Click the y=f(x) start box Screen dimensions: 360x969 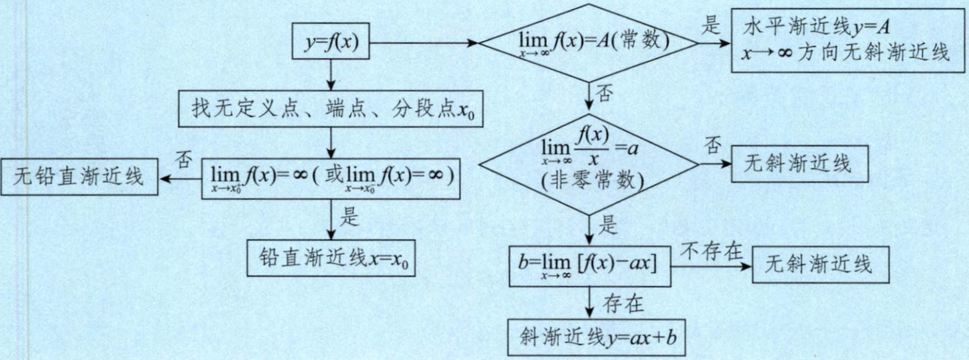331,42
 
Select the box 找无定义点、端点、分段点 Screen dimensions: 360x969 331,109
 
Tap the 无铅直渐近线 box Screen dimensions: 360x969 79,177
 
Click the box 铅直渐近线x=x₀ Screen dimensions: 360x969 331,258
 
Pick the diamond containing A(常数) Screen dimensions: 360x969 588,43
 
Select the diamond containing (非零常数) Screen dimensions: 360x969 588,164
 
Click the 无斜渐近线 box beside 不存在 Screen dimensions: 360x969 820,265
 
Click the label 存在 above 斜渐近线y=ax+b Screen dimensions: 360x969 623,303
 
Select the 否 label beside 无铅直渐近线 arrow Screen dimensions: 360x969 183,160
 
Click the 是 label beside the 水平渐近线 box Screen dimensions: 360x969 711,26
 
